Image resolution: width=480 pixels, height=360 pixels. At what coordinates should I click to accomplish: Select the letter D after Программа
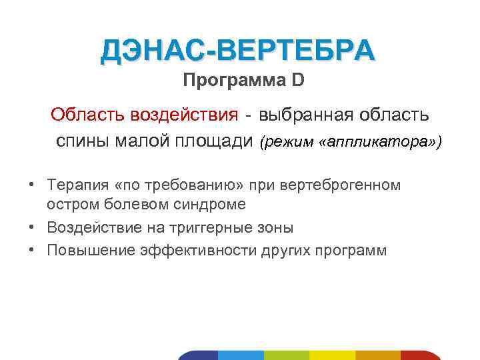pyautogui.click(x=297, y=81)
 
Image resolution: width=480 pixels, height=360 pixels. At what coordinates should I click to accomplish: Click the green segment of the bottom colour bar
pyautogui.click(x=287, y=355)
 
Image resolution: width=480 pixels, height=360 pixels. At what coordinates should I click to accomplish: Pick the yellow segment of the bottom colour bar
pyautogui.click(x=333, y=355)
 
